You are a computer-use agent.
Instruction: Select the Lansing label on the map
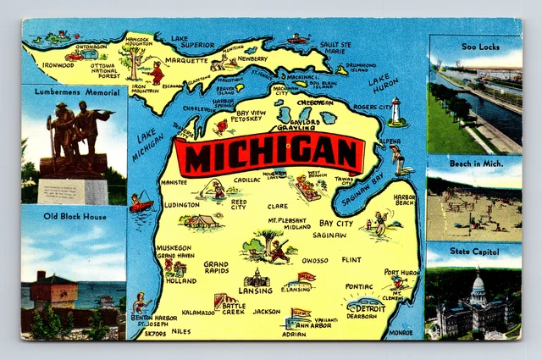(x=255, y=290)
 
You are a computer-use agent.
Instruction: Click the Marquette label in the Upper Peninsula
(x=188, y=60)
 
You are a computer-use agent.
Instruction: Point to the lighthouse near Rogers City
(x=395, y=110)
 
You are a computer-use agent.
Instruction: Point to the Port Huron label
(x=401, y=272)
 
